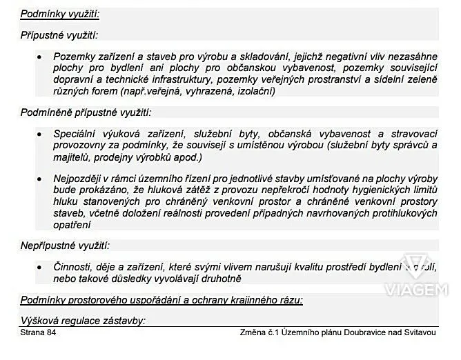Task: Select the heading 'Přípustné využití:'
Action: [x=59, y=34]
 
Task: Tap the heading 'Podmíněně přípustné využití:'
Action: [x=86, y=112]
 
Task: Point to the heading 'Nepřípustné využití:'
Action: [x=65, y=246]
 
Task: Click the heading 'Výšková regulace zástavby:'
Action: [x=83, y=321]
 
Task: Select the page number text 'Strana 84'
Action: [x=39, y=333]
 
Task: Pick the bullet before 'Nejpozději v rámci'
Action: [x=40, y=179]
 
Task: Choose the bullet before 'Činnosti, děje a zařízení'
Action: [x=40, y=266]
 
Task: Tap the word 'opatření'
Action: [x=72, y=224]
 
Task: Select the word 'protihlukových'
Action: [x=403, y=213]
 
